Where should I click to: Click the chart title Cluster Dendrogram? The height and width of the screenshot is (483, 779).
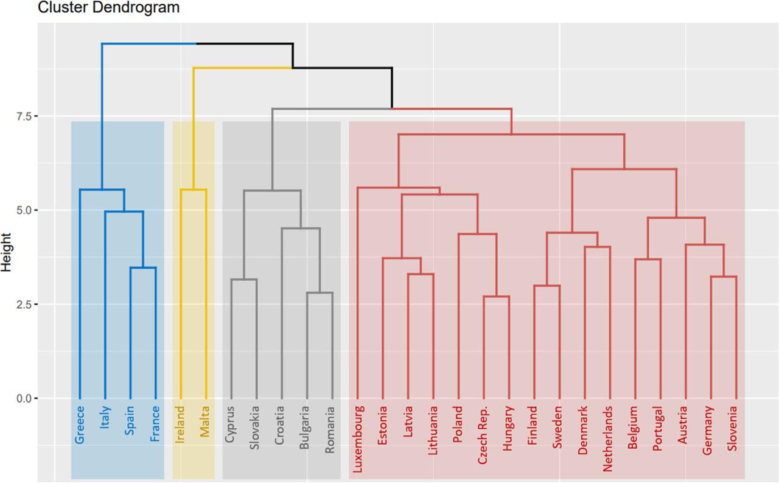coord(109,8)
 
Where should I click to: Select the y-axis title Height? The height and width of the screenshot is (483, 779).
coord(7,252)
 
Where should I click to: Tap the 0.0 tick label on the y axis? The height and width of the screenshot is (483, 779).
coord(24,398)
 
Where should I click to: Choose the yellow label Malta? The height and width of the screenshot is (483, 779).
coord(205,420)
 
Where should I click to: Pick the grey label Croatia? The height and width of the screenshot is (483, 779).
coord(281,425)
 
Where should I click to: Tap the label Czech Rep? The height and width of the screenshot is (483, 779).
coord(483,435)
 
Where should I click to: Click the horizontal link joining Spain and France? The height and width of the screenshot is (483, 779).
coord(143,267)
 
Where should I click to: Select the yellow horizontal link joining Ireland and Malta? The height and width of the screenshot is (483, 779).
coord(194,189)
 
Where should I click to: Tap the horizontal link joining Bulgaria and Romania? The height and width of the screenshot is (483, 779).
coord(320,293)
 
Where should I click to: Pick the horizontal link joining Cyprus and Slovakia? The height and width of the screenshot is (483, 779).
coord(243,280)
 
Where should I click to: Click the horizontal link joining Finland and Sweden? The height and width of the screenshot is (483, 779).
coord(547,286)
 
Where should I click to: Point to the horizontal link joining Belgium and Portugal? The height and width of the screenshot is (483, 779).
coord(648,259)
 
